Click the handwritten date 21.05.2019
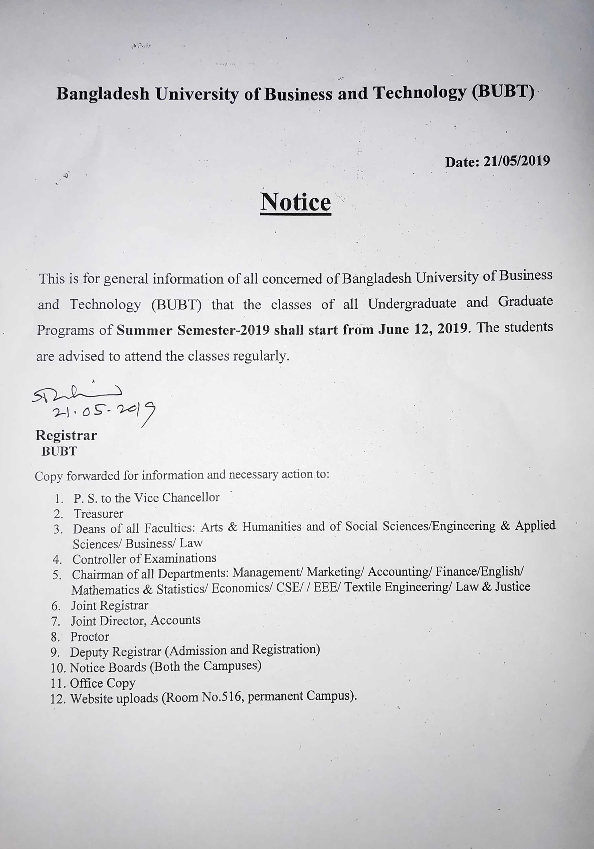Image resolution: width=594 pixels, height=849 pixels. point(104,411)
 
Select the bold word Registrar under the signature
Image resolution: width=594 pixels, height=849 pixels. point(66,436)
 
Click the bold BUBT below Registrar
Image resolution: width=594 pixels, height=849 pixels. point(59,451)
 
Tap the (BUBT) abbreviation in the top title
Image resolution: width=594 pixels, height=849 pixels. point(503,92)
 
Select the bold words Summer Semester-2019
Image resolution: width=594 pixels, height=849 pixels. point(193,330)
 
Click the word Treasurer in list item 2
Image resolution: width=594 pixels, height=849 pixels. point(98,514)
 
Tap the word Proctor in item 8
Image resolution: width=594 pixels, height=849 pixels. point(90,637)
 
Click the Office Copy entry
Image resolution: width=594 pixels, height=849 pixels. point(102,683)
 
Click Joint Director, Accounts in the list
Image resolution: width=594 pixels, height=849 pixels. point(135,621)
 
